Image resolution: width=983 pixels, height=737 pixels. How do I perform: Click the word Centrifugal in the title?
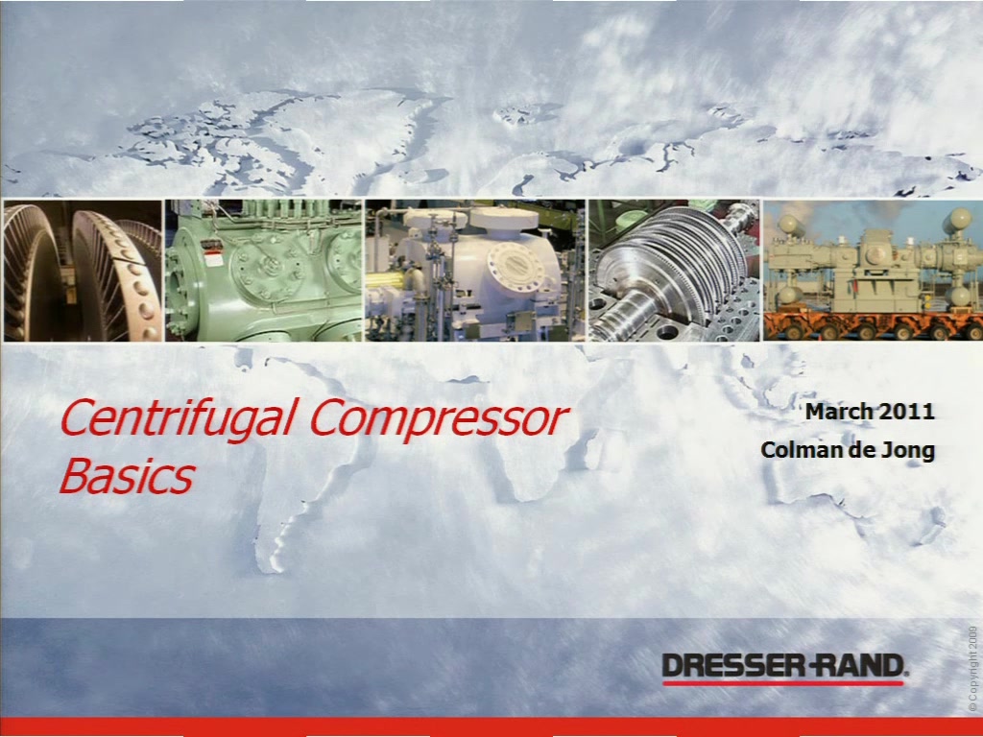pyautogui.click(x=178, y=418)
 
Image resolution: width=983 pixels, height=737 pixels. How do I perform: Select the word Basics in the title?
pyautogui.click(x=128, y=476)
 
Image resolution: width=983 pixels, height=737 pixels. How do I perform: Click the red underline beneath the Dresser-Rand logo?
pyautogui.click(x=783, y=682)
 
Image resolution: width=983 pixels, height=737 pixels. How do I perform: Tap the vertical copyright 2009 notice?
pyautogui.click(x=972, y=668)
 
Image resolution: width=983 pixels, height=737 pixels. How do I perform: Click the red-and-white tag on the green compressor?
pyautogui.click(x=214, y=258)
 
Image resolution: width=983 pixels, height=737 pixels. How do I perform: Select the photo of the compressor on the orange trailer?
pyautogui.click(x=873, y=271)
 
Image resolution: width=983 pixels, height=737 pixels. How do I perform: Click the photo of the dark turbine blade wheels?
pyautogui.click(x=83, y=271)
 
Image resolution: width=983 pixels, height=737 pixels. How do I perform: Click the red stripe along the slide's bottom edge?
pyautogui.click(x=491, y=727)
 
